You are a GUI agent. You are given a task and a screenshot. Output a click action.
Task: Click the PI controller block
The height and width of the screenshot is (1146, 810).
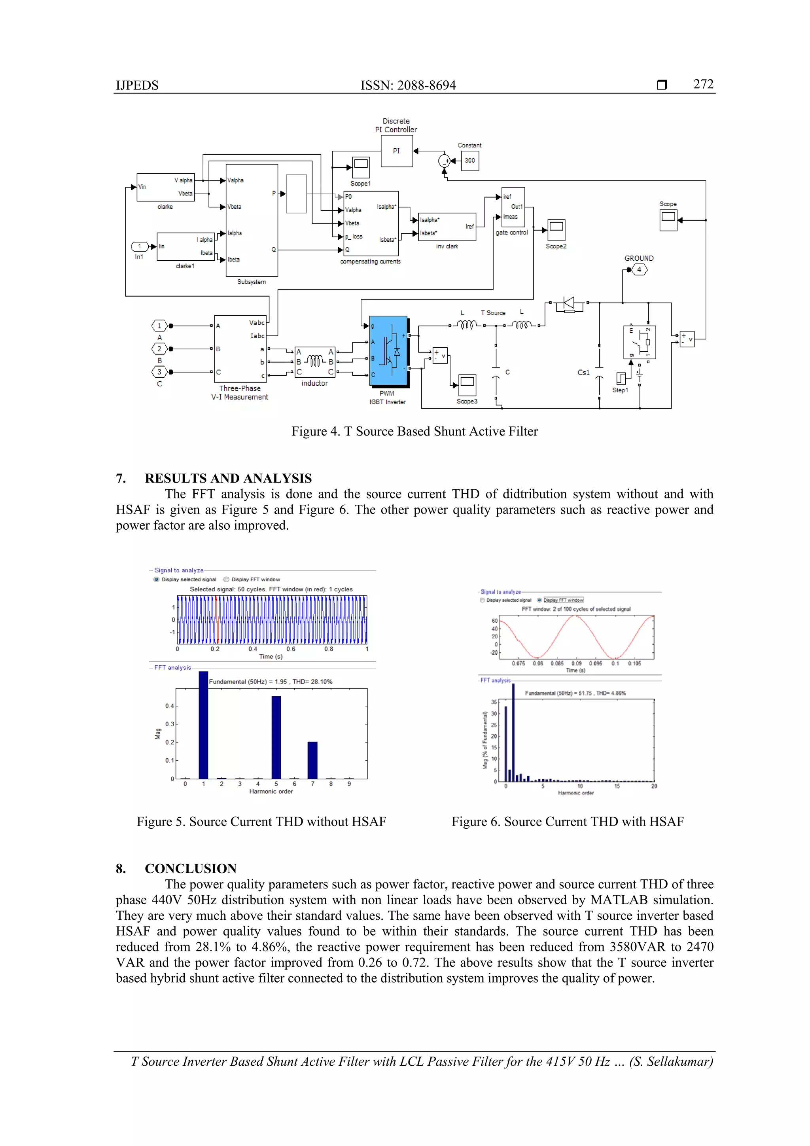[396, 151]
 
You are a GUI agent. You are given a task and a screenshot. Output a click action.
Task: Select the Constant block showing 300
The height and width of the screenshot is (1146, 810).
[469, 161]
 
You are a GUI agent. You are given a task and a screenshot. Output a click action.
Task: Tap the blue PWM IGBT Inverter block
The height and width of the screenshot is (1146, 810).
[388, 351]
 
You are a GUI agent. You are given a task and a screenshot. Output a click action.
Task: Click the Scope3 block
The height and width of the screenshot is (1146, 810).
[467, 385]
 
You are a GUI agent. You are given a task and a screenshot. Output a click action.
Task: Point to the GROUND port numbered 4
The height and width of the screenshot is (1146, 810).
[639, 269]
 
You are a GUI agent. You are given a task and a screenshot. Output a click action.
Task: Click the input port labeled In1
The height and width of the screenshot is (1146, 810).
[140, 246]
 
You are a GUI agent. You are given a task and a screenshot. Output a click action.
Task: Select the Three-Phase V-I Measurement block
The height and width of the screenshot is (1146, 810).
[240, 349]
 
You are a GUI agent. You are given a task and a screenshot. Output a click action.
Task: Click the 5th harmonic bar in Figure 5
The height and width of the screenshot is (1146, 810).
[276, 737]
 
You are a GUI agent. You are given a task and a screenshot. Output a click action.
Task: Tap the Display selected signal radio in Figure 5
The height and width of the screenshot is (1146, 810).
[156, 580]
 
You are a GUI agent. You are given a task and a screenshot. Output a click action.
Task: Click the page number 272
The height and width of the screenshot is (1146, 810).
[703, 84]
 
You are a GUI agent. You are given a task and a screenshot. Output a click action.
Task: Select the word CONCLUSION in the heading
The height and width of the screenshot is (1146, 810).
[191, 868]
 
